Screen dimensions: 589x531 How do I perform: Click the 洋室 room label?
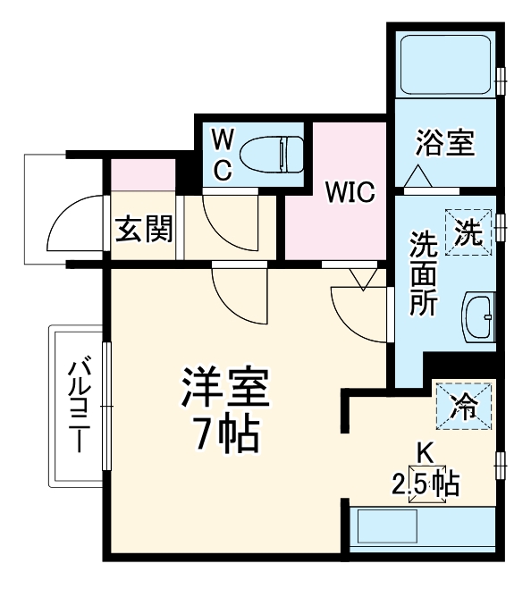pyautogui.click(x=224, y=390)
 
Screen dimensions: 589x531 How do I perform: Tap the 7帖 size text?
pyautogui.click(x=224, y=435)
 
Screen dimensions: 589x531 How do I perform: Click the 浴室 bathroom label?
pyautogui.click(x=444, y=143)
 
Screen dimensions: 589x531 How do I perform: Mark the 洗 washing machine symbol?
pyautogui.click(x=469, y=232)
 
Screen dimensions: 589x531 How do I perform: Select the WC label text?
pyautogui.click(x=223, y=153)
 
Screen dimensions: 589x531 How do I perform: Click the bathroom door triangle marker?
pyautogui.click(x=421, y=178)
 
